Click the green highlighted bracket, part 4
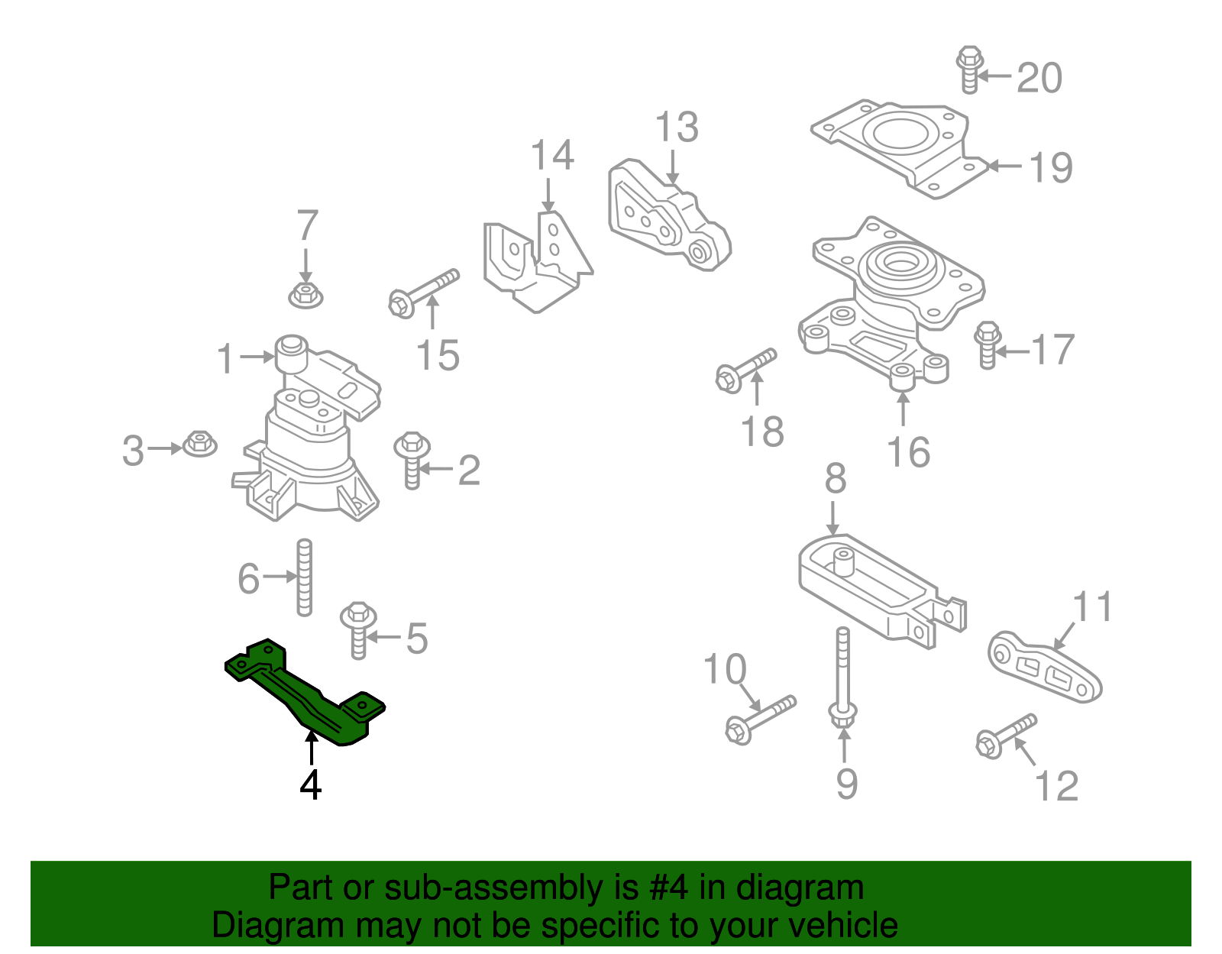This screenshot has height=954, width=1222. tap(305, 691)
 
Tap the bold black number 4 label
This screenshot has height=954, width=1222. tap(310, 784)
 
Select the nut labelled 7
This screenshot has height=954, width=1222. tap(305, 294)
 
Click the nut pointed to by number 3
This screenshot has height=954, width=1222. tap(199, 443)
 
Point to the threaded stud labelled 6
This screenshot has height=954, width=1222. tap(304, 577)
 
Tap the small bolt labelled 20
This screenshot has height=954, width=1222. tap(969, 69)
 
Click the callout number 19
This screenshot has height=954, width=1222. tap(1051, 167)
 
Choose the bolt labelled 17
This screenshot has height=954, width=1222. tap(988, 344)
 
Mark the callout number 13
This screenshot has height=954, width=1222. tap(677, 127)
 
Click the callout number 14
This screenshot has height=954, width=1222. tap(552, 155)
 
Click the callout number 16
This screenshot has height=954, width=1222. tap(908, 452)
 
